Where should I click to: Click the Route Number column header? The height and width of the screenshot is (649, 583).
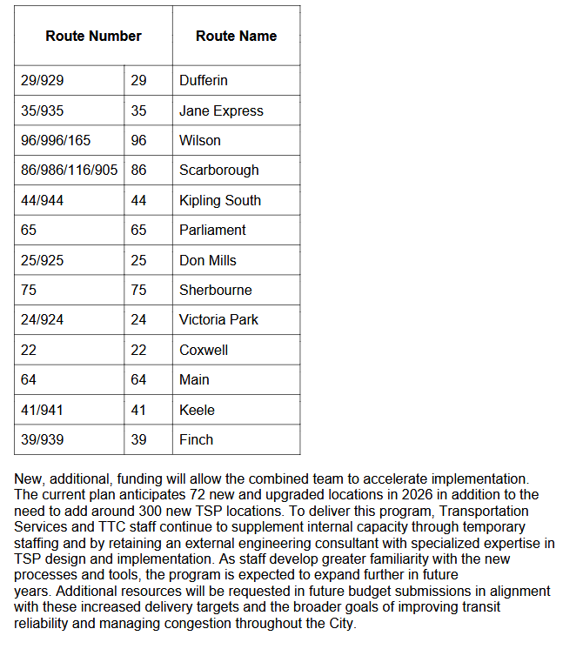93,37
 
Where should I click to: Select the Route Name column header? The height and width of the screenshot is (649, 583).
236,37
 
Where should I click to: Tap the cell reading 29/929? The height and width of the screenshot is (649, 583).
43,81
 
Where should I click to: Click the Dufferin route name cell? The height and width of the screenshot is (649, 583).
204,81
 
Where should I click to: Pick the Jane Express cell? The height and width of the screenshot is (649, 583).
221,111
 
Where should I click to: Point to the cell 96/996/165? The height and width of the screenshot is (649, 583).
56,141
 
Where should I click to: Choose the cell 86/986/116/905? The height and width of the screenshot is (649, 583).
69,171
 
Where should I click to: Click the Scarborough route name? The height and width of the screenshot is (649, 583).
219,171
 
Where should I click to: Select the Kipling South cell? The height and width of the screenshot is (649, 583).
220,201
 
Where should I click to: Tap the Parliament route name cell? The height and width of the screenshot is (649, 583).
212,231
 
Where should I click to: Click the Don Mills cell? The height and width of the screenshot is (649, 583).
208,261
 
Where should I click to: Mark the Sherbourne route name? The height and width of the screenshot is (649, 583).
216,291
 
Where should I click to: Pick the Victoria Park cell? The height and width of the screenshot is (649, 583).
218,320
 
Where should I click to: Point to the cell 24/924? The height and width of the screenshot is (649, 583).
43,320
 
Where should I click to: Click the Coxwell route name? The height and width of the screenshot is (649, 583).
204,351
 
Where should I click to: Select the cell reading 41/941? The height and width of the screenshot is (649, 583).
43,411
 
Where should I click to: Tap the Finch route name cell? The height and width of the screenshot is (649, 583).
196,440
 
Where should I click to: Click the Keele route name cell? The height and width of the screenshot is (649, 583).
197,411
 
